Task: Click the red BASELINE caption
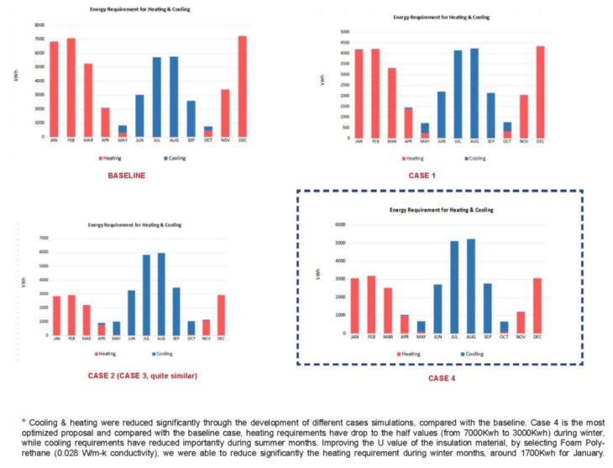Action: click(x=127, y=175)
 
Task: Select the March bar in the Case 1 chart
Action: click(x=392, y=103)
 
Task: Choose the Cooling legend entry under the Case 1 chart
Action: click(x=474, y=158)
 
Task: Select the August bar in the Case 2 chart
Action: click(x=161, y=294)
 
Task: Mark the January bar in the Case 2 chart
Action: click(x=55, y=315)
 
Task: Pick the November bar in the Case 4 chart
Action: click(x=542, y=323)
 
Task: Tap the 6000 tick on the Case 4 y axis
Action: click(x=340, y=225)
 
